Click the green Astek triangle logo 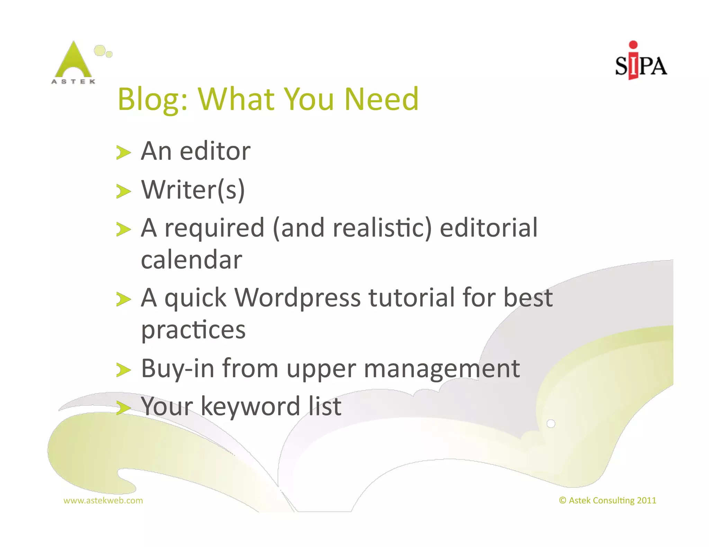[x=73, y=61]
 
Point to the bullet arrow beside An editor [x=123, y=152]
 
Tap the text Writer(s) [x=193, y=190]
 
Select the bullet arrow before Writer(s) [x=123, y=191]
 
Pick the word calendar [x=191, y=260]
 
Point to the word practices [x=193, y=330]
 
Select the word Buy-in [x=178, y=369]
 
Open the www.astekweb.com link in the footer [x=103, y=500]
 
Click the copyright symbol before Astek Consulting [x=563, y=500]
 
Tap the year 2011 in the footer [x=646, y=500]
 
